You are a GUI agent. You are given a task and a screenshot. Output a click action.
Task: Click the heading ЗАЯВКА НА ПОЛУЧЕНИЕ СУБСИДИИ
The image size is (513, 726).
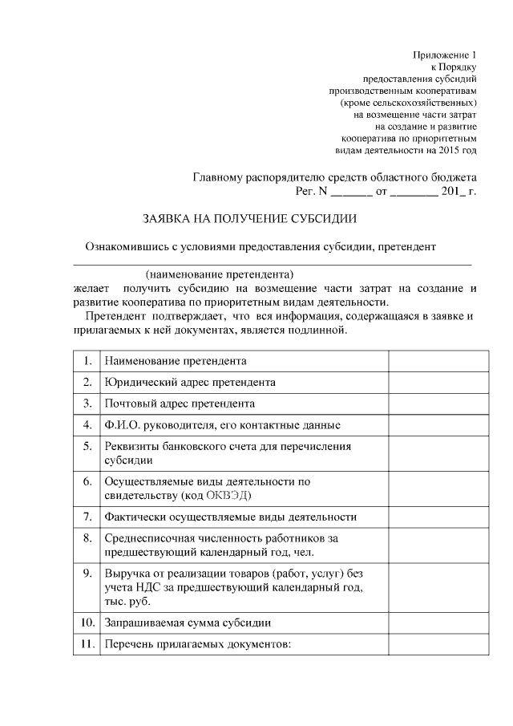249,218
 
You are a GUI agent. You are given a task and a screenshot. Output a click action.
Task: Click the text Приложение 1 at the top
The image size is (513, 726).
445,55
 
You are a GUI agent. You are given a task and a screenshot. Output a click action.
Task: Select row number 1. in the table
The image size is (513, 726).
86,361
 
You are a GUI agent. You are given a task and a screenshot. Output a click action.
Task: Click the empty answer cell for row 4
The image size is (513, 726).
438,424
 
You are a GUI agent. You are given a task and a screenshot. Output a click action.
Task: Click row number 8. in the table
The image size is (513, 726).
86,538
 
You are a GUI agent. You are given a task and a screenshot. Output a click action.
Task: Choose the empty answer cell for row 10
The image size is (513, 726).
438,623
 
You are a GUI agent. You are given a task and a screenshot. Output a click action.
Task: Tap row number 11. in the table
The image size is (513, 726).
86,644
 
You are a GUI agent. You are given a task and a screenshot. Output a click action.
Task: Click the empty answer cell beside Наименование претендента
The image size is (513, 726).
438,361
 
